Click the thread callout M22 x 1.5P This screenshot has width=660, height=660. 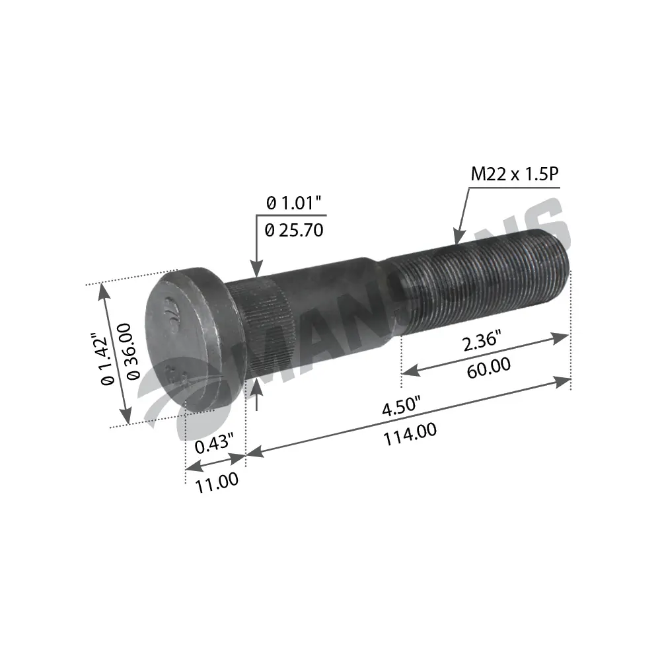tap(515, 174)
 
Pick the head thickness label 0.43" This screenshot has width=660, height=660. tap(213, 445)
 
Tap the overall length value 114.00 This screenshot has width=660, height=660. tap(412, 431)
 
